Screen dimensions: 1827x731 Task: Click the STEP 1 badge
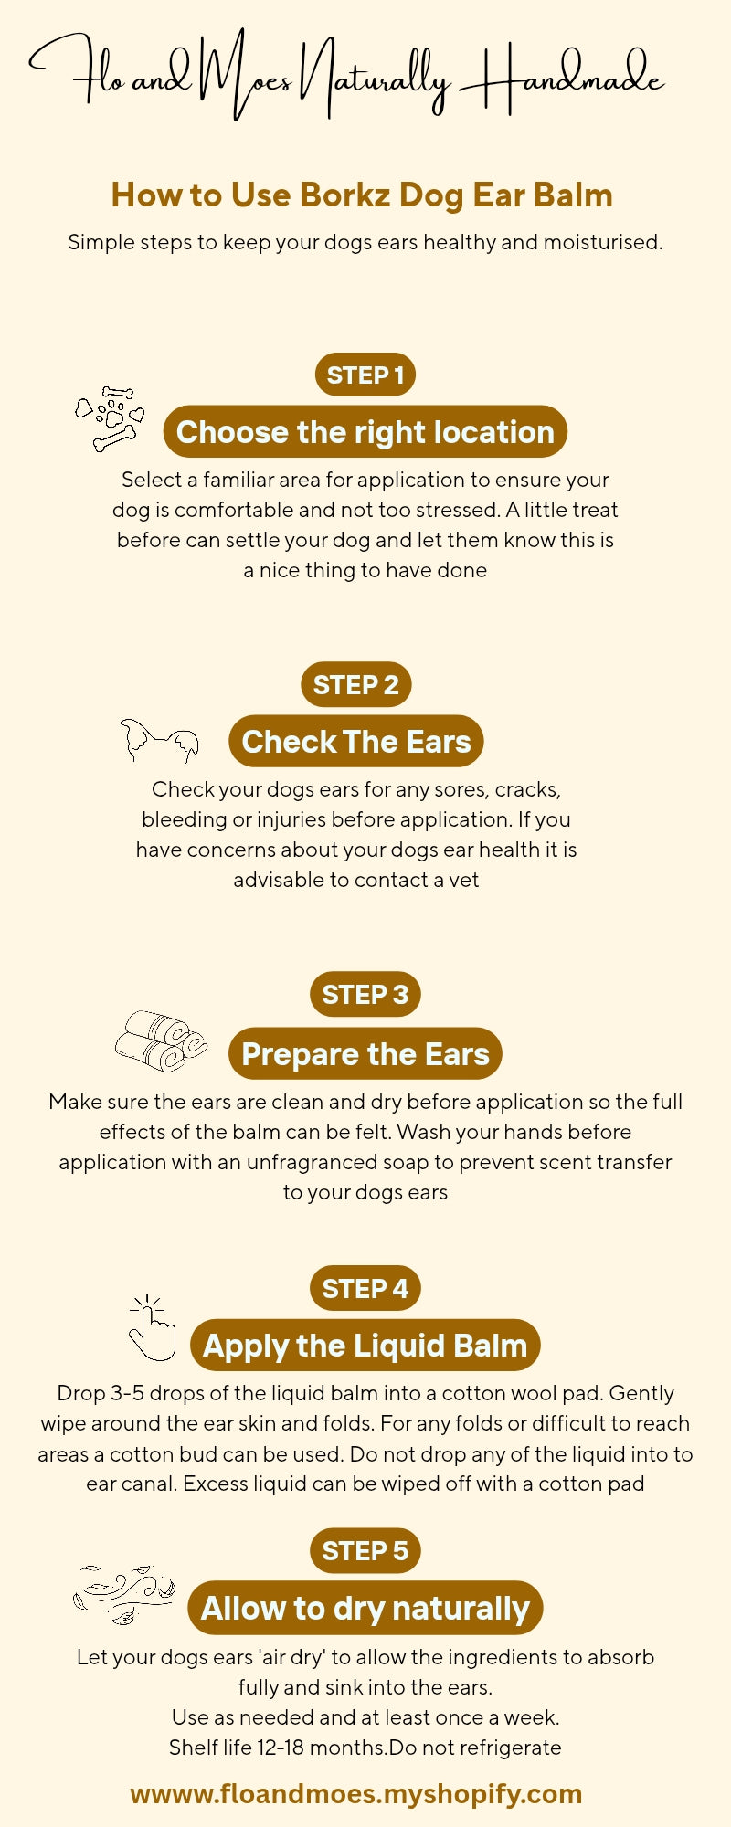365,375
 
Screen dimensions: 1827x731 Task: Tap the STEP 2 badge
355,684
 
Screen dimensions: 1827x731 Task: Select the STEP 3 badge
365,994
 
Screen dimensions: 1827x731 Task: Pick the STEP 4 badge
365,1288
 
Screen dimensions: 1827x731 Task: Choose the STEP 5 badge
365,1550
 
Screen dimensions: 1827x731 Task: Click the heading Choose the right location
365,432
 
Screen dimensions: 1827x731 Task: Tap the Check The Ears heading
355,741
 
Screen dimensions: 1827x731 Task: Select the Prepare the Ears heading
365,1053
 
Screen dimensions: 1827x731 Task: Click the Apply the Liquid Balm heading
365,1346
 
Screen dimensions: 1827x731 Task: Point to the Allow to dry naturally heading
365,1608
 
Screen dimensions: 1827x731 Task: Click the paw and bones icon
111,418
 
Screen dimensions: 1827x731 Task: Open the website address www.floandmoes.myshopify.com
355,1793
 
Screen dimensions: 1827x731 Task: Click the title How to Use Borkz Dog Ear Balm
362,195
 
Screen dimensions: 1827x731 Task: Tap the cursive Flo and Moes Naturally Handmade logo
347,78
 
